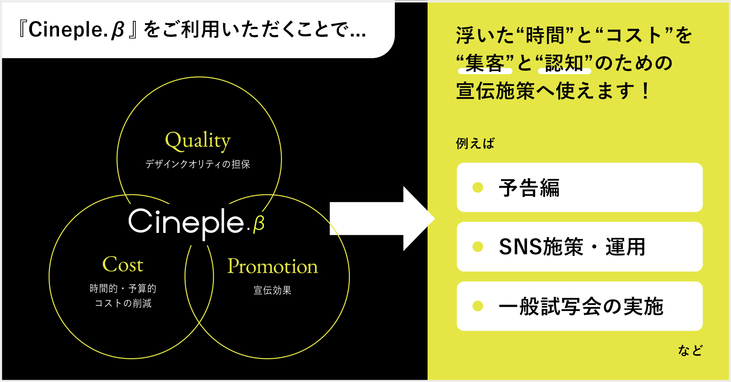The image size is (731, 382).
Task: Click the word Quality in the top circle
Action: click(x=198, y=141)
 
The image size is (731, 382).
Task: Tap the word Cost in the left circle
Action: click(x=123, y=265)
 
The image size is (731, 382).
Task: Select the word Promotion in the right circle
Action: click(x=272, y=266)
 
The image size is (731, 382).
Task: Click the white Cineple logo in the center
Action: click(x=186, y=222)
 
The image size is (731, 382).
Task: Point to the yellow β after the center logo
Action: click(x=259, y=223)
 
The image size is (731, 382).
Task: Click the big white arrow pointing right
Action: click(x=381, y=219)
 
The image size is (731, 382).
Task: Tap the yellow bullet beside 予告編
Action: click(x=478, y=187)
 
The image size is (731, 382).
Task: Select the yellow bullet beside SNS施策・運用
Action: click(x=478, y=247)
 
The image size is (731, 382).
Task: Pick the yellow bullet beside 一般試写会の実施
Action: click(x=478, y=306)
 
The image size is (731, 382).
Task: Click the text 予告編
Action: click(x=529, y=188)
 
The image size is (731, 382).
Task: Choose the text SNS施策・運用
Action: click(x=572, y=247)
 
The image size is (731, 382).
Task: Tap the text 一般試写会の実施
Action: click(x=581, y=306)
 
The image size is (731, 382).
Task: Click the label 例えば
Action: click(x=475, y=144)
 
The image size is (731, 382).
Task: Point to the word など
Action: click(x=690, y=350)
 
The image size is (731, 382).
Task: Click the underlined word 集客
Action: click(x=485, y=63)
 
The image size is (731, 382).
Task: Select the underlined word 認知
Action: click(x=564, y=63)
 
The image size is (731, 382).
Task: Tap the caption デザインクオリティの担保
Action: click(x=198, y=164)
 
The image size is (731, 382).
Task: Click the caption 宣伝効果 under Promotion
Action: click(x=272, y=290)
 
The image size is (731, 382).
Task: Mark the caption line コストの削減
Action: click(x=123, y=303)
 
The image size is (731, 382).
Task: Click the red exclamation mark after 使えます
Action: click(x=645, y=91)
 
